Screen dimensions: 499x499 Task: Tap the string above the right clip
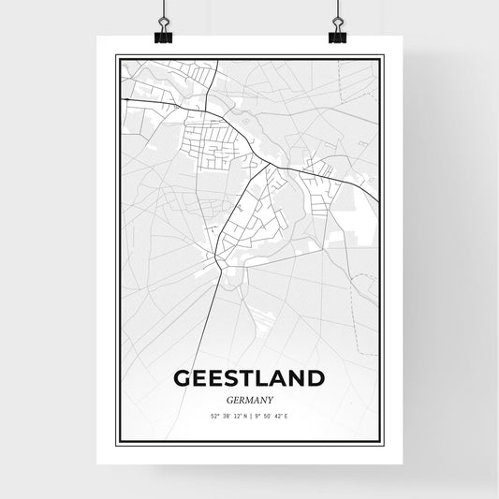(x=337, y=11)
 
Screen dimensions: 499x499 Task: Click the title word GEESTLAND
(x=249, y=378)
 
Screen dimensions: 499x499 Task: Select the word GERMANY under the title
(x=249, y=399)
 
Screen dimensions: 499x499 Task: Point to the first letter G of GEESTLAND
(x=182, y=378)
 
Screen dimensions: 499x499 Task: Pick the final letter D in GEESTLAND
(x=316, y=378)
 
